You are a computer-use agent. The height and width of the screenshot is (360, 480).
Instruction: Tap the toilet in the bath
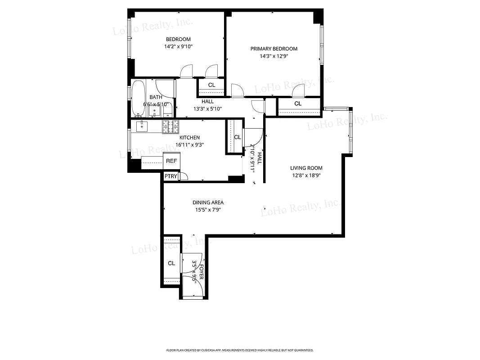(167, 109)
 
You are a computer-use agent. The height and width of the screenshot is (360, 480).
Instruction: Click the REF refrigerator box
(171, 161)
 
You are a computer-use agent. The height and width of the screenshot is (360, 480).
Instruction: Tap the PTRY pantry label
(170, 176)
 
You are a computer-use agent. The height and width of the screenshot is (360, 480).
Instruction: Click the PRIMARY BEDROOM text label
(274, 49)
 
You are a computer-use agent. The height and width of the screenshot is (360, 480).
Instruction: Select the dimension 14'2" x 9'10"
(178, 46)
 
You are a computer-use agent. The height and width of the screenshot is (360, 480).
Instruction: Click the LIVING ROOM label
(306, 168)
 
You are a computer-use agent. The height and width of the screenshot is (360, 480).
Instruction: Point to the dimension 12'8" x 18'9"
(306, 175)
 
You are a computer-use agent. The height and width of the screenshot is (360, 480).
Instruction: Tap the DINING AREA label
(208, 202)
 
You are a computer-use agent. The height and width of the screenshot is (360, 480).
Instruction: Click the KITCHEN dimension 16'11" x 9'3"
(189, 145)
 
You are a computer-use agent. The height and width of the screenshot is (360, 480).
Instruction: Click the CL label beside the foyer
(171, 264)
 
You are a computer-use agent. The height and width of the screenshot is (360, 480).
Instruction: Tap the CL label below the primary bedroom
(297, 104)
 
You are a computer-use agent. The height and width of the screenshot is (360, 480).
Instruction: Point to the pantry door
(183, 176)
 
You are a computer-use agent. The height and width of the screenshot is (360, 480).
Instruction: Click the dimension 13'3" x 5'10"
(207, 109)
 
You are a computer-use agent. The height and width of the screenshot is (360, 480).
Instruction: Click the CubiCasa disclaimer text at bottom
(240, 350)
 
